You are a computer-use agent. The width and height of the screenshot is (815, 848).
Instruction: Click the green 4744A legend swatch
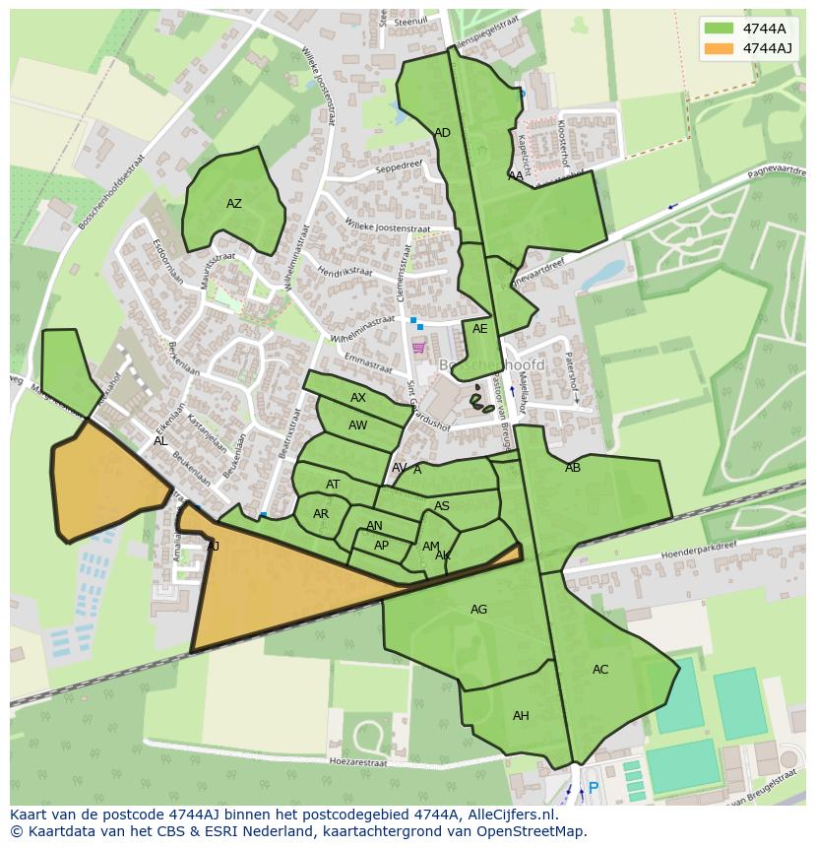pos(719,28)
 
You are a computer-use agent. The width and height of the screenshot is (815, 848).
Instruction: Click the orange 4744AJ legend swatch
pos(719,48)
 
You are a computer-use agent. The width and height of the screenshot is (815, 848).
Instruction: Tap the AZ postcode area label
pos(234,204)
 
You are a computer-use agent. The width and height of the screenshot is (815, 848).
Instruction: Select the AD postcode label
pos(442,133)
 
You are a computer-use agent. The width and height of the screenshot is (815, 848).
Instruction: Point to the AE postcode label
pos(479,329)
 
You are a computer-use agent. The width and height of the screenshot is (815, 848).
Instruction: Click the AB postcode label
pos(573,468)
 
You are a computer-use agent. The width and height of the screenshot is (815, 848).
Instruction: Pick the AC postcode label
pos(600,670)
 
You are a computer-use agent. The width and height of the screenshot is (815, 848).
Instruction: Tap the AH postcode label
pos(521,716)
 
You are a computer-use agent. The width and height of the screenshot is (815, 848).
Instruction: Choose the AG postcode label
pos(478,610)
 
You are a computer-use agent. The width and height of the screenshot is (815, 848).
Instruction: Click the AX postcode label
pos(358,398)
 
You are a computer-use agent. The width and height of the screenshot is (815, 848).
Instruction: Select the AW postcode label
pos(358,425)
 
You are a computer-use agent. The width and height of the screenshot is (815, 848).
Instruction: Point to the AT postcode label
pos(333,485)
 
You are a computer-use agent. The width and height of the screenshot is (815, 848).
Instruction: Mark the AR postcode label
pos(321,514)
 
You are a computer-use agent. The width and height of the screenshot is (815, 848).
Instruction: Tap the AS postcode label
pos(442,506)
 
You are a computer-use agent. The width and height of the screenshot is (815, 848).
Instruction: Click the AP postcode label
pos(381,546)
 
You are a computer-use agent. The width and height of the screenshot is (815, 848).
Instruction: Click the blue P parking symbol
pos(593,788)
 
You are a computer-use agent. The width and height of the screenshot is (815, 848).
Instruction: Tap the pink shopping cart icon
pos(418,347)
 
